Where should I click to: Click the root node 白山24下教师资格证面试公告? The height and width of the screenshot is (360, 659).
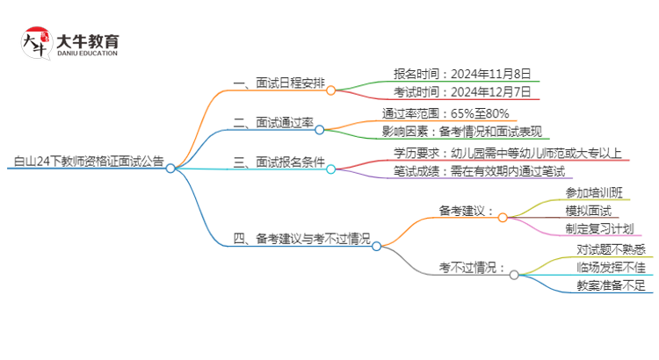coord(88,162)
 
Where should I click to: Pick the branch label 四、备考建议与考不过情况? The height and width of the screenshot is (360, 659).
coord(301,239)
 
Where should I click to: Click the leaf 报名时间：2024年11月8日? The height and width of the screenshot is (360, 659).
coord(463,74)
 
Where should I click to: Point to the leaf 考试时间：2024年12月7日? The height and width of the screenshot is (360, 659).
coord(463,94)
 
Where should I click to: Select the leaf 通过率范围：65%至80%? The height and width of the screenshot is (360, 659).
coord(445,113)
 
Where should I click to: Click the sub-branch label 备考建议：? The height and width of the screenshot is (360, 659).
coord(467,212)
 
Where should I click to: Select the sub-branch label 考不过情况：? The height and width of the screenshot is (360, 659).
coord(473,268)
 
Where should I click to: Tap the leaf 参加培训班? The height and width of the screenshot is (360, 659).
coord(593,192)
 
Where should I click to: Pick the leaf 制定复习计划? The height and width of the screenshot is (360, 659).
coord(599,230)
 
